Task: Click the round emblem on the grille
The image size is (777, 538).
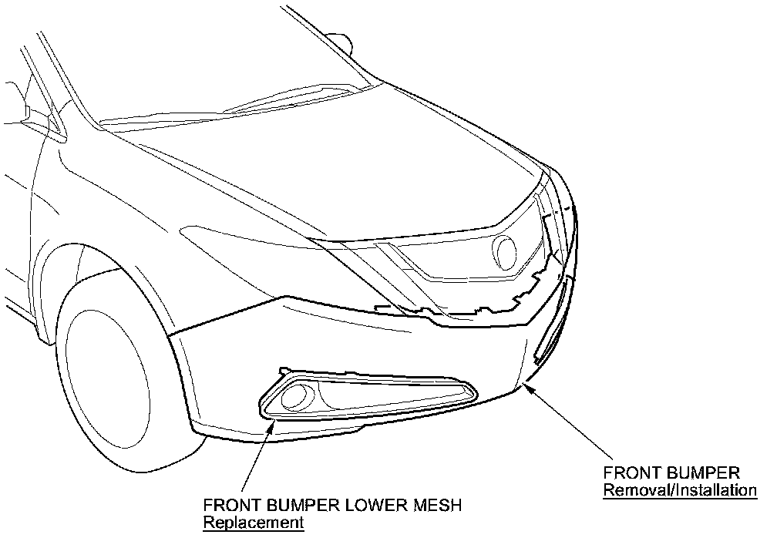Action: pos(506,251)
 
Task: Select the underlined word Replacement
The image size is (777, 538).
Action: pos(254,523)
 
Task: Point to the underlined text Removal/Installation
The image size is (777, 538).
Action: pos(680,489)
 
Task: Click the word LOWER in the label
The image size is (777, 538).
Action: pos(358,506)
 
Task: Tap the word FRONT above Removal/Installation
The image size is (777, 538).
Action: pos(631,472)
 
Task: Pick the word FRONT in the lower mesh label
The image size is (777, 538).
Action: pos(230,506)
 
